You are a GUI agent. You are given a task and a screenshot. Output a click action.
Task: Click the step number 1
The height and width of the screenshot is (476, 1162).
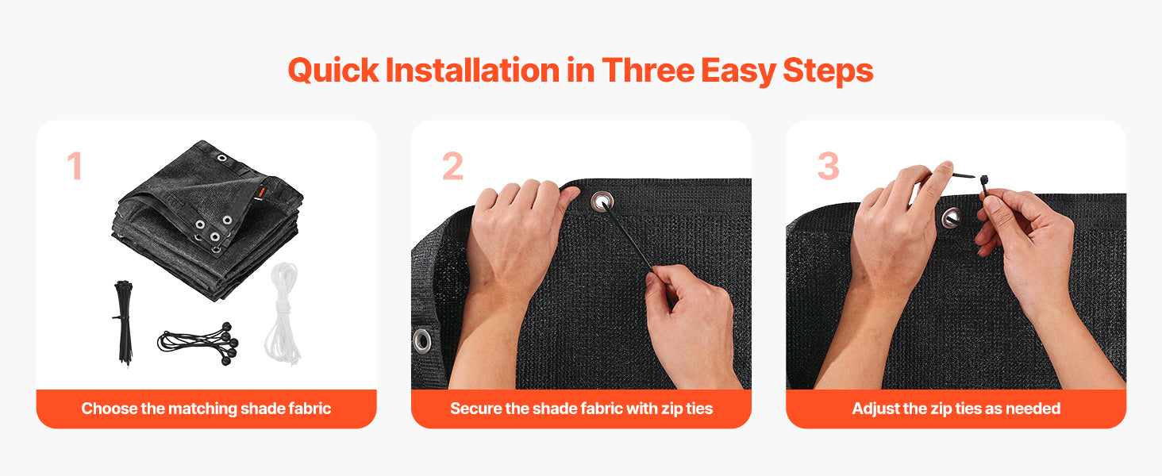coord(75,166)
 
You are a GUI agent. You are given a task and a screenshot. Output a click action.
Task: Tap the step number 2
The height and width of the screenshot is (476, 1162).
coord(452,166)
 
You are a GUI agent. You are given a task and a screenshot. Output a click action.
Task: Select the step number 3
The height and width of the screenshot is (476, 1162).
coord(828,166)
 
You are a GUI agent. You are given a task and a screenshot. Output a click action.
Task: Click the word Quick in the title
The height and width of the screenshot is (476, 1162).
coord(333,71)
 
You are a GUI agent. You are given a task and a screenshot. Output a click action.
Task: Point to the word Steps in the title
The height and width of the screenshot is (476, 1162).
coord(828,71)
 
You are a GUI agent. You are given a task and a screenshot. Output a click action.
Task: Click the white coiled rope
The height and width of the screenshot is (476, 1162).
coord(283,313)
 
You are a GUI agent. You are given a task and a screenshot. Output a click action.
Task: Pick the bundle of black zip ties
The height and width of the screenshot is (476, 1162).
coord(124,323)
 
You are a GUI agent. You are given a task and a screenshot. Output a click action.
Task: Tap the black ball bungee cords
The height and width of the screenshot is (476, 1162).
coord(198,342)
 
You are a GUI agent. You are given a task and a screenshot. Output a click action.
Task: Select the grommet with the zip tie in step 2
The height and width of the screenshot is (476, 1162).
coord(602,202)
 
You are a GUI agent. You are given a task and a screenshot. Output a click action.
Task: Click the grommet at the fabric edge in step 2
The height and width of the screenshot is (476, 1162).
coord(421,340)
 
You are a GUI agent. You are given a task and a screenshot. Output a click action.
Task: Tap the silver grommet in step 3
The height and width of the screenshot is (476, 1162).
coord(951,218)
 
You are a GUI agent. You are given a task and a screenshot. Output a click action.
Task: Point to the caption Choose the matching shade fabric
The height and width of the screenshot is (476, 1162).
coord(206,409)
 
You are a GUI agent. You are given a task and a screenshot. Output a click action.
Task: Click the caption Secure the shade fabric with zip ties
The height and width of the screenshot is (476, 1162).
coord(582,409)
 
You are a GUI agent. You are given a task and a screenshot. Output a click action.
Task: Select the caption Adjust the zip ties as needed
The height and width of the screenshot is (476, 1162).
coord(956,409)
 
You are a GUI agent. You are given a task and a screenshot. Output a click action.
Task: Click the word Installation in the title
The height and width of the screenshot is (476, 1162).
coord(472,70)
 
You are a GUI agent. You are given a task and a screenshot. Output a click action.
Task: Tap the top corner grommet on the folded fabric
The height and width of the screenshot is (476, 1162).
coord(222,158)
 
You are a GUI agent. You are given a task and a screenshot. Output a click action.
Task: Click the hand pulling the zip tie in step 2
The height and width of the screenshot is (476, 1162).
coord(693,324)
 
